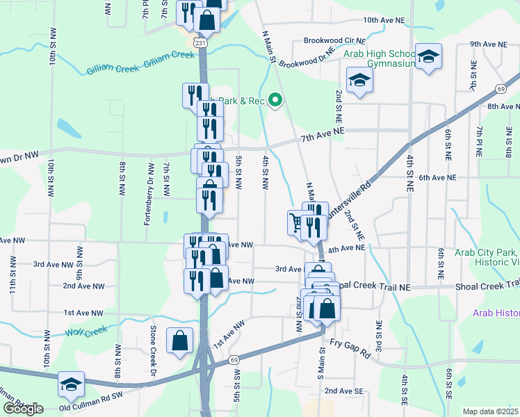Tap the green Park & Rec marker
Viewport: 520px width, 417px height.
click(x=275, y=101)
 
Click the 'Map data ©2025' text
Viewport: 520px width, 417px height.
click(x=491, y=411)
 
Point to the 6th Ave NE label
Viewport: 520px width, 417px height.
click(x=437, y=178)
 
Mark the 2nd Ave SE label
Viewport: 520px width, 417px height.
click(x=344, y=391)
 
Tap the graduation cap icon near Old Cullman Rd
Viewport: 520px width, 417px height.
click(x=70, y=384)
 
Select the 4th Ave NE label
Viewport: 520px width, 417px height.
click(x=347, y=248)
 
